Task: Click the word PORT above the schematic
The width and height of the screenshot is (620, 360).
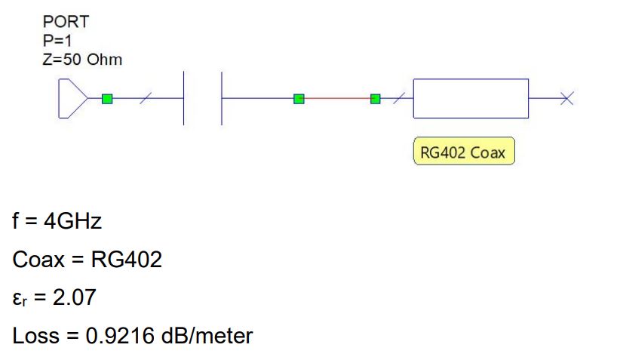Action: [x=66, y=22]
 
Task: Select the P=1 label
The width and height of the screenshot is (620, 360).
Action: [x=57, y=41]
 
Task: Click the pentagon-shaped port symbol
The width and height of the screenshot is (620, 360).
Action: [x=71, y=98]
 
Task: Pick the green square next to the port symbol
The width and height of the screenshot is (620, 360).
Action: [x=107, y=98]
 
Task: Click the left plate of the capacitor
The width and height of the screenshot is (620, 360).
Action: [x=185, y=98]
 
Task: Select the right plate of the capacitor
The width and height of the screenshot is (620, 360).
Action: [x=222, y=98]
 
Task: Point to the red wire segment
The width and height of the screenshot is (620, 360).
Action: [x=337, y=98]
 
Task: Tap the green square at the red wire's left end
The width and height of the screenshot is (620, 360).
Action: [x=299, y=98]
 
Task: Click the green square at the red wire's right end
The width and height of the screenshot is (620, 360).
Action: [x=376, y=98]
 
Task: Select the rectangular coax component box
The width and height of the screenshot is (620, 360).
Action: [x=471, y=98]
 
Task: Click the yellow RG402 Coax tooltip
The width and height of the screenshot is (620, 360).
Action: [x=464, y=153]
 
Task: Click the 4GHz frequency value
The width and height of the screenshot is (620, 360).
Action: [x=71, y=223]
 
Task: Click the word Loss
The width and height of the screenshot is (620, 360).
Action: [x=34, y=335]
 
